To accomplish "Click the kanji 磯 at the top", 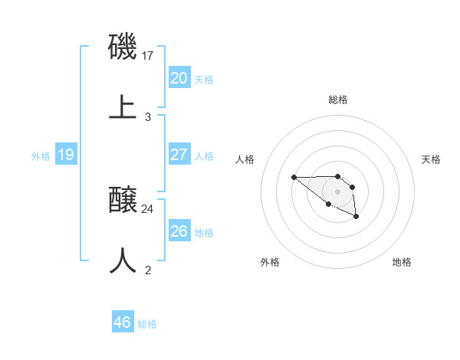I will pos(123,47).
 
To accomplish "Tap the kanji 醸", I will pos(123,201).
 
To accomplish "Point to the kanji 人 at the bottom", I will pos(123,260).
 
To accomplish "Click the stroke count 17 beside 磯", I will pos(149,56).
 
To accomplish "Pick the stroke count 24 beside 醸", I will pos(148,208).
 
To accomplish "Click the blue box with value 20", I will pos(179,77).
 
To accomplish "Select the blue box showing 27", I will pos(179,155).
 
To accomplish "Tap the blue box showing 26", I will pos(179,231).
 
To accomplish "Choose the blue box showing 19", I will pos(65,155).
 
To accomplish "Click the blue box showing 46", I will pos(122,322).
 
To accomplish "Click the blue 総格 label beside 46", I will pos(147,324).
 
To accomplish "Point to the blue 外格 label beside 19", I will pos(41,156).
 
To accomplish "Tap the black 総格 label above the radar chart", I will pos(338,100).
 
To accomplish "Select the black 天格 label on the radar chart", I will pos(431,159).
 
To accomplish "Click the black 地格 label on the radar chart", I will pos(402,262).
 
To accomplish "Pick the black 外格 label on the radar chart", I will pos(270,262).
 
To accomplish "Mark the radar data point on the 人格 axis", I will pos(294,178).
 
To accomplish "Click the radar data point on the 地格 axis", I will pos(356,218).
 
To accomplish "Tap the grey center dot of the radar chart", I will pos(338,191).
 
